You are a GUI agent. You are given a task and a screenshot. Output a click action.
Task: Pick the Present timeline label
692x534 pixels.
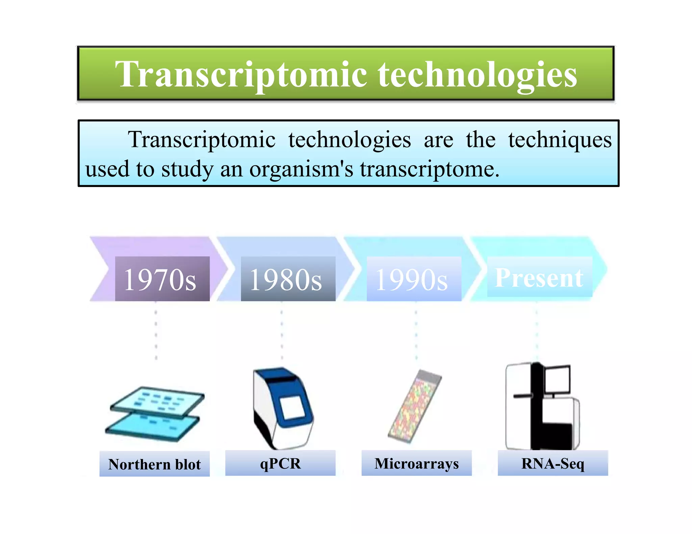[x=539, y=277]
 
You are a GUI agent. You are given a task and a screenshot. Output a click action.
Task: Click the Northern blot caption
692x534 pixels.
[x=154, y=464]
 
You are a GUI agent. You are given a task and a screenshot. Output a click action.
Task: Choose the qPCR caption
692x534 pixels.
[x=280, y=463]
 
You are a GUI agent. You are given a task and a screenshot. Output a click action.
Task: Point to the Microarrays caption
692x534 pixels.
[x=416, y=463]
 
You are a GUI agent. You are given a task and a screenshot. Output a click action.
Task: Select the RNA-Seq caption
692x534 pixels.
[x=552, y=463]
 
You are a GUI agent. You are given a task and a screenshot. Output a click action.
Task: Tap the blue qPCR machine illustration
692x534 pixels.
[x=282, y=408]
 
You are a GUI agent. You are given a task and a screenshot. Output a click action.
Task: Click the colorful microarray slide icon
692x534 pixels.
[x=414, y=407]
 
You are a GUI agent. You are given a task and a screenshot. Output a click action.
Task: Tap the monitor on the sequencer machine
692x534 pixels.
[x=557, y=379]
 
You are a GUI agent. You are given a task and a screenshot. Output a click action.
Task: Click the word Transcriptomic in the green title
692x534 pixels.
[x=241, y=74]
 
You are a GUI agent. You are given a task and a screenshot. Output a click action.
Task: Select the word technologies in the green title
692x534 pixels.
[x=477, y=74]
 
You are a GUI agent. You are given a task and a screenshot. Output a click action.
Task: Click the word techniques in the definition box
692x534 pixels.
[x=560, y=140]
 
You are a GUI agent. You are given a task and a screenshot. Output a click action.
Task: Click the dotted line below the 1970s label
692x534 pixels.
[x=156, y=331]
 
